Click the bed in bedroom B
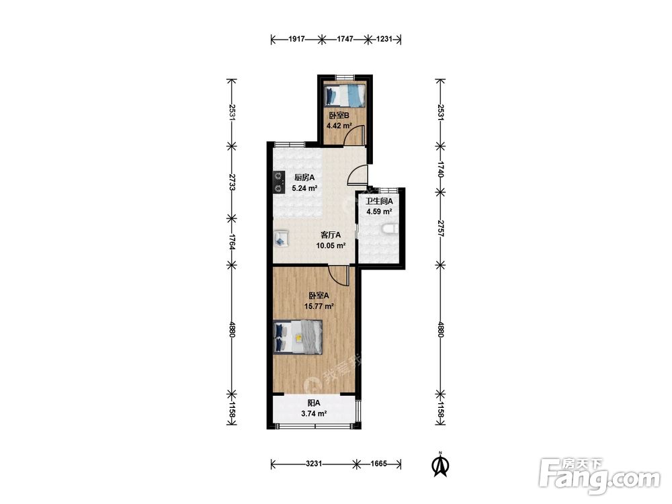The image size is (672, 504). [345, 95]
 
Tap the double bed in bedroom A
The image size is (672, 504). [298, 337]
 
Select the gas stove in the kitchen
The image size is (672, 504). [279, 182]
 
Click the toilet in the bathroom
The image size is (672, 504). [390, 229]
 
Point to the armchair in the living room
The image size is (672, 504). [281, 238]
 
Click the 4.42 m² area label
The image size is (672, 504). [339, 126]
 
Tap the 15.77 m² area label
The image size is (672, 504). [319, 306]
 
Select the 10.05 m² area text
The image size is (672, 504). [331, 246]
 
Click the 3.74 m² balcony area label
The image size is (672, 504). [314, 414]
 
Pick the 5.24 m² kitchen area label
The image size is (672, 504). [304, 188]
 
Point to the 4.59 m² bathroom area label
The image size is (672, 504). [379, 212]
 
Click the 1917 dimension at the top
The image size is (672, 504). [296, 39]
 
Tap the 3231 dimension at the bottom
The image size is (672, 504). [314, 464]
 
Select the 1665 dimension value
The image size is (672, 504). [379, 464]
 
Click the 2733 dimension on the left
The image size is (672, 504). [232, 182]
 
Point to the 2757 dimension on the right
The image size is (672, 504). [441, 228]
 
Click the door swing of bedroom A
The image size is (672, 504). [339, 275]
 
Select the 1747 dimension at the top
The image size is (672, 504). [345, 39]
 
